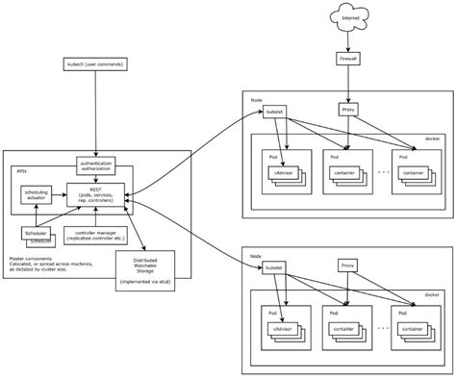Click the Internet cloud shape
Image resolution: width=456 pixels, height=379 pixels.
click(x=351, y=16)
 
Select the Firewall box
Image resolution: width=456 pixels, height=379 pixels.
click(x=350, y=60)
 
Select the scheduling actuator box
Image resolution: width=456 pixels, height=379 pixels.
click(x=37, y=195)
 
